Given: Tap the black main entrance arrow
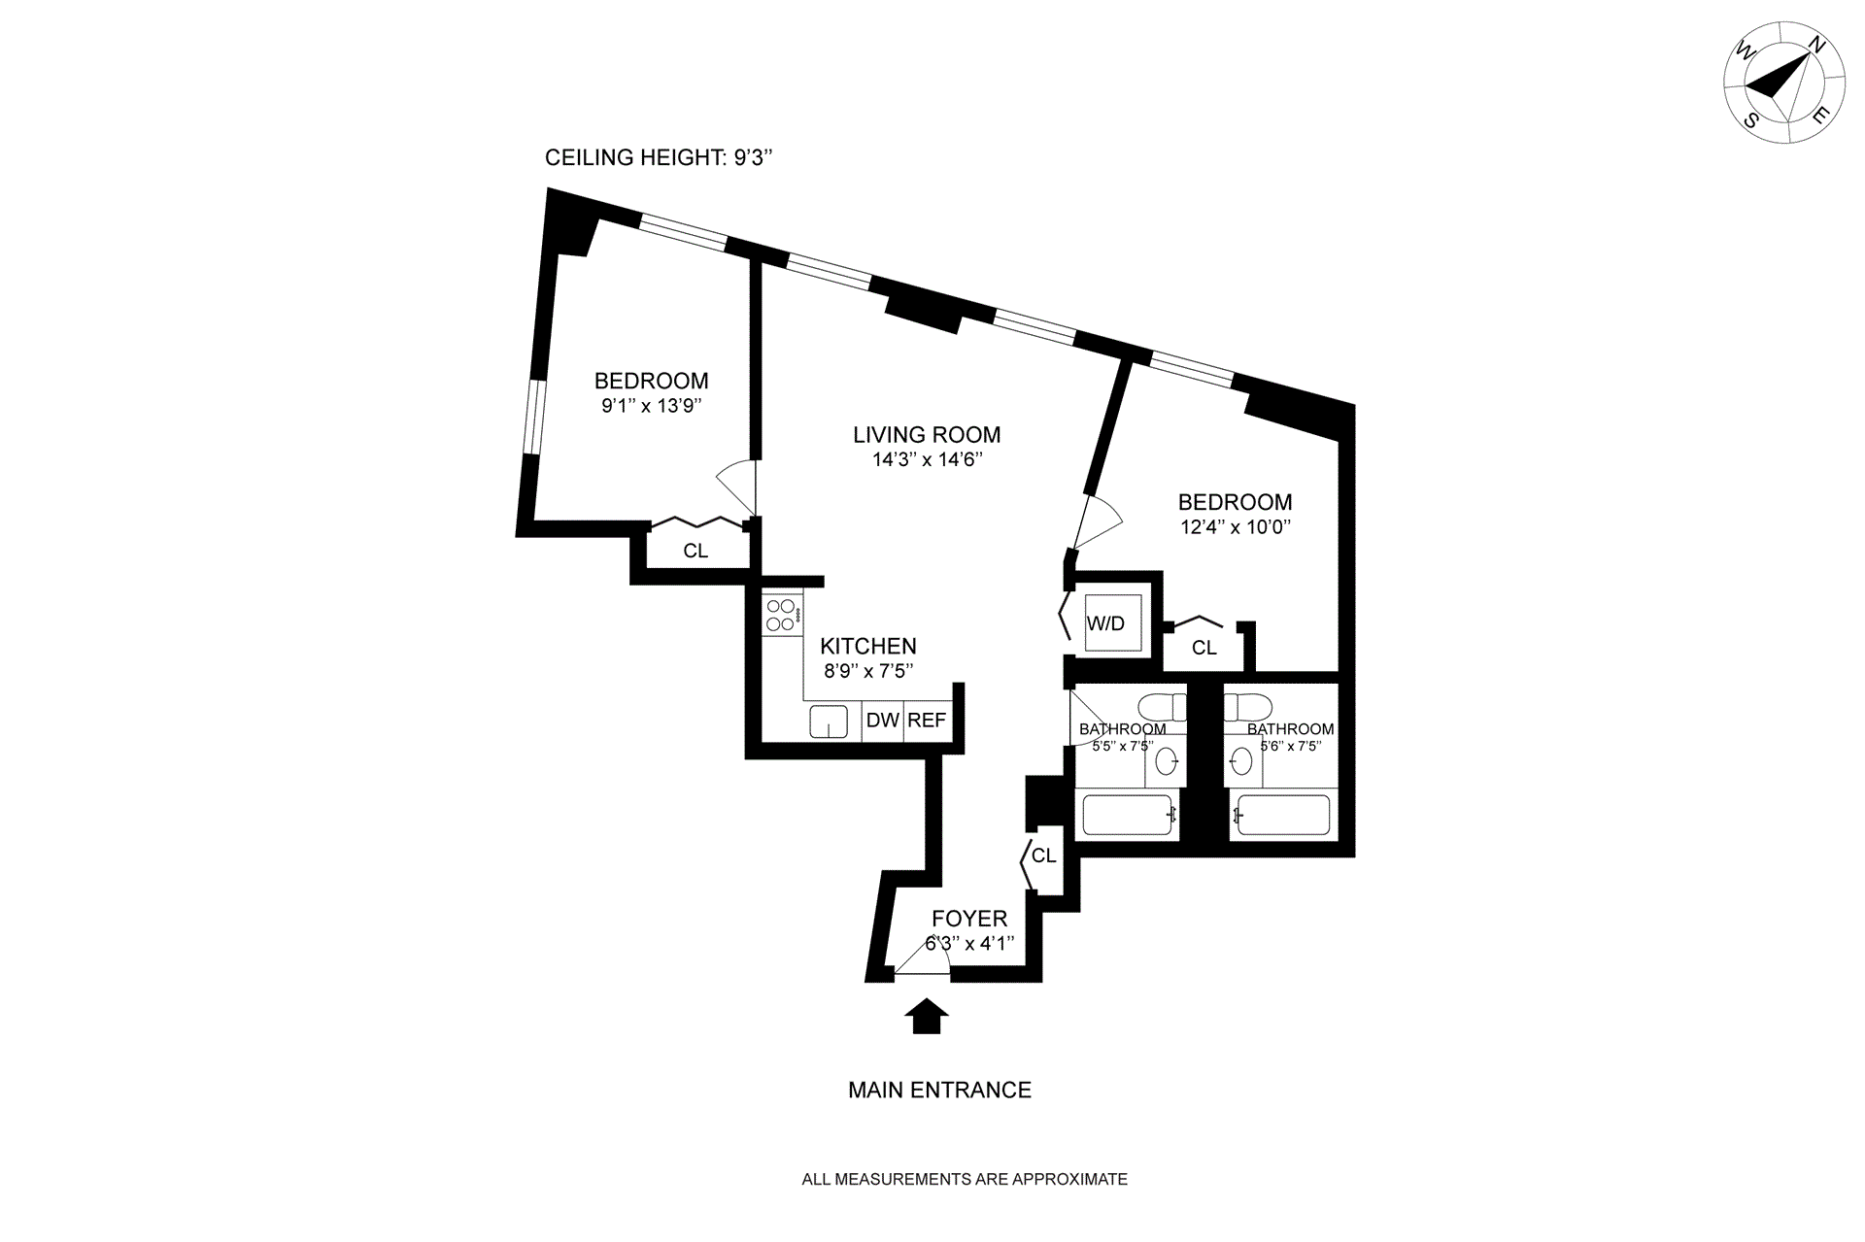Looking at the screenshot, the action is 926,1016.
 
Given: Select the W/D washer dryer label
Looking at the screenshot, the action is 1105,623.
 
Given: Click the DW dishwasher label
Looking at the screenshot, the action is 882,721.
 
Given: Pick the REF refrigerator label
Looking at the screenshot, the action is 927,721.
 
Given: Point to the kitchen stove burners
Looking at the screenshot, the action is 781,613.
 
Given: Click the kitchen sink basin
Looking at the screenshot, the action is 829,722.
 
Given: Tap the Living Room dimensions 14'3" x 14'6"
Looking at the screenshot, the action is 928,460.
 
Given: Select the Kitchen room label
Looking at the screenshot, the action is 867,646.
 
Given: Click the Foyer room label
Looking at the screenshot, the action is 969,919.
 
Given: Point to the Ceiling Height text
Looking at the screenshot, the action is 659,158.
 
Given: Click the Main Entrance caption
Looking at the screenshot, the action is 939,1091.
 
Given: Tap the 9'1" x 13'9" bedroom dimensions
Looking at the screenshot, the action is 651,406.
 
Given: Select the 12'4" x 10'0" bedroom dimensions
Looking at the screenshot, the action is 1235,528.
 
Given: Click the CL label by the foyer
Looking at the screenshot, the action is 1043,856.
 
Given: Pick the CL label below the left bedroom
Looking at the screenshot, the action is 695,552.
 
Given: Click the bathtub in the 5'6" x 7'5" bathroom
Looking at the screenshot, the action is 1280,816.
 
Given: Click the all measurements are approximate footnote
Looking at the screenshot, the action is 964,1180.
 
